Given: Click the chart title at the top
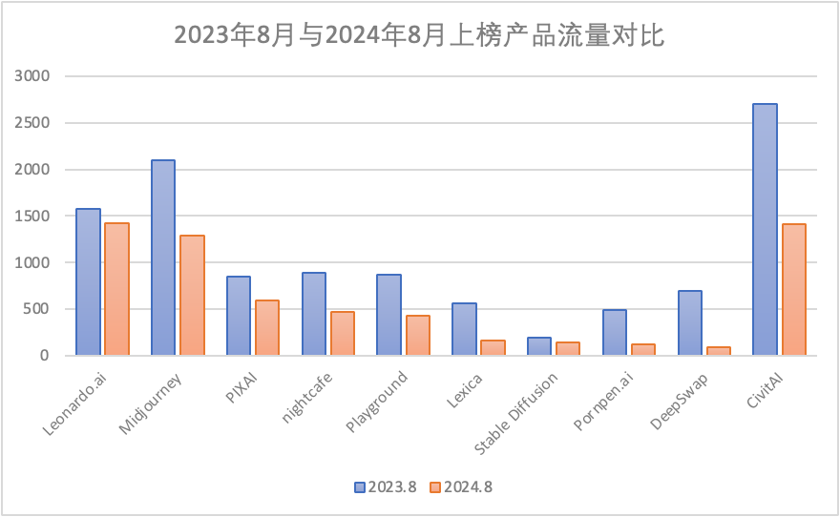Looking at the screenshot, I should click(419, 35).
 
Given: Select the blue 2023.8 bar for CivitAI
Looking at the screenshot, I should click(765, 229).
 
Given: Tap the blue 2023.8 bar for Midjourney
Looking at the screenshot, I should click(163, 258).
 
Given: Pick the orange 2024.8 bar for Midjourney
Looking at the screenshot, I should click(192, 295).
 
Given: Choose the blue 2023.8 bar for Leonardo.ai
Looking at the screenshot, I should click(88, 281).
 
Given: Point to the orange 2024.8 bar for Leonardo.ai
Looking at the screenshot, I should click(116, 289).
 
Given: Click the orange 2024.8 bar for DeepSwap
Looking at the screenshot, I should click(718, 351).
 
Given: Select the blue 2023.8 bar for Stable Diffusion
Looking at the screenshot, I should click(539, 346).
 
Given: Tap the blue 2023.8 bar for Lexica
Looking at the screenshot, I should click(464, 329).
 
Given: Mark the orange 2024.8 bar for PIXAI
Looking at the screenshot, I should click(267, 327).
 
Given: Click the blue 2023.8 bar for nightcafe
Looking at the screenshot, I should click(314, 314).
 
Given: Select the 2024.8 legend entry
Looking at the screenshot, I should click(461, 487).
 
